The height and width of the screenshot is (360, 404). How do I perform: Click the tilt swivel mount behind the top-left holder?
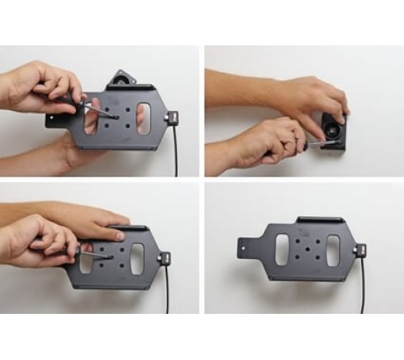[x=124, y=78]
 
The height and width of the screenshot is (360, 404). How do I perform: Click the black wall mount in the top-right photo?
[x=334, y=129]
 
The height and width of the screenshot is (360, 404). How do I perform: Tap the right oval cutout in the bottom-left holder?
[x=137, y=256]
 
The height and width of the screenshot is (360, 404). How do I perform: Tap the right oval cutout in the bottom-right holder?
[x=333, y=248]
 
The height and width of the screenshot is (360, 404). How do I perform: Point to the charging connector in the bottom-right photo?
[x=360, y=250]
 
